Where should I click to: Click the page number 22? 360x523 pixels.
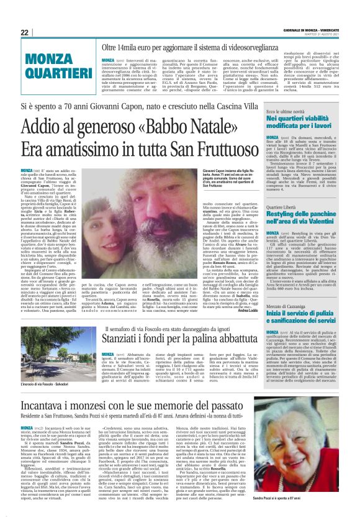25,32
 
